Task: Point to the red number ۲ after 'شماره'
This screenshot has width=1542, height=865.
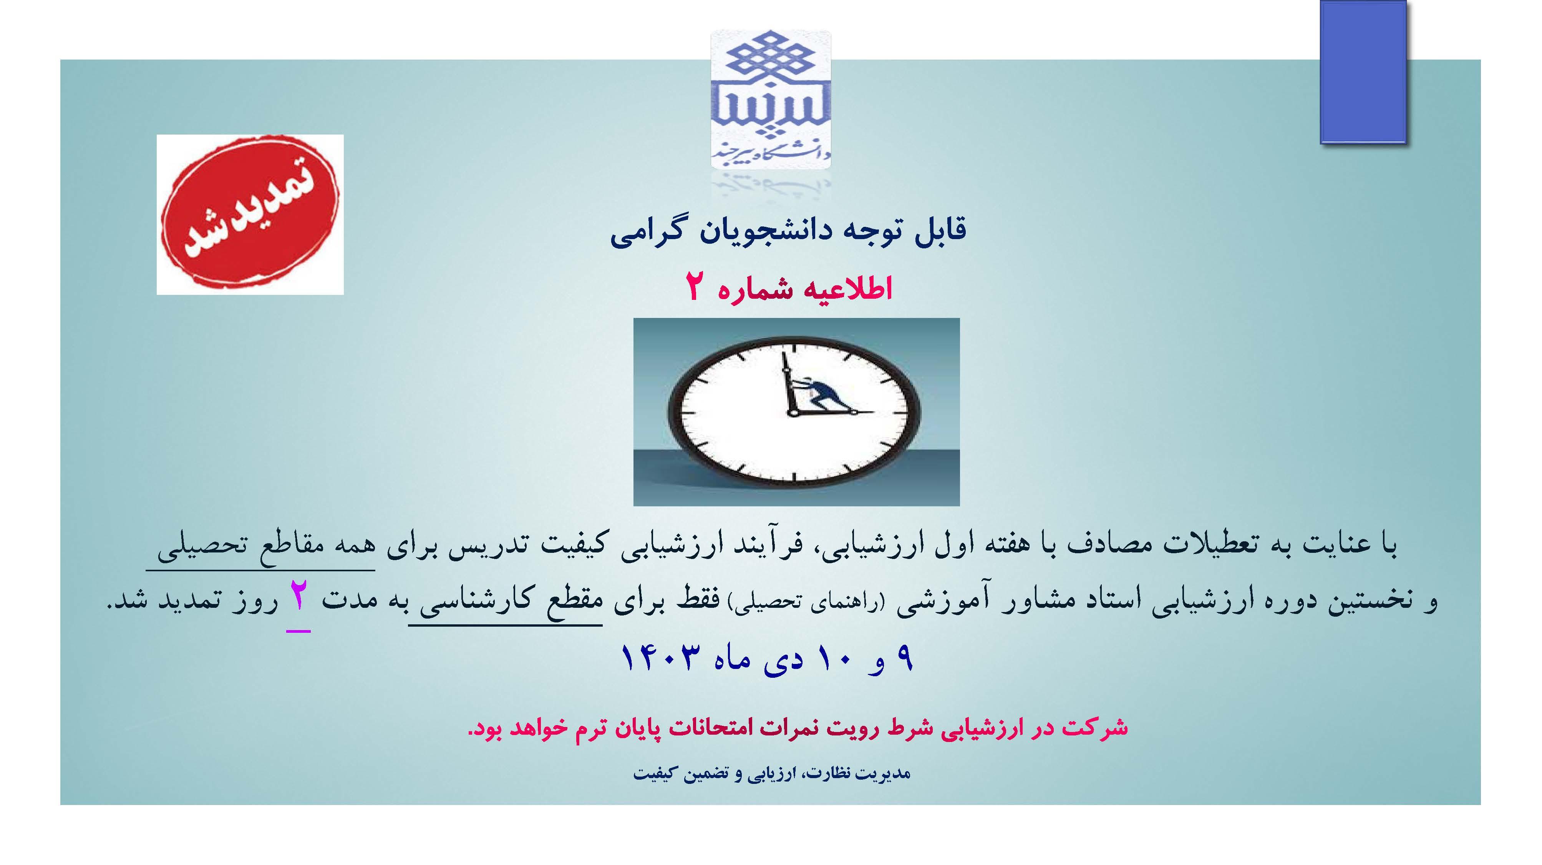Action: [693, 288]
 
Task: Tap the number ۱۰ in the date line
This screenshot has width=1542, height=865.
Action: [826, 658]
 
